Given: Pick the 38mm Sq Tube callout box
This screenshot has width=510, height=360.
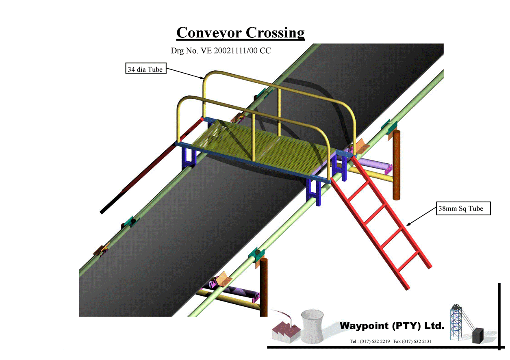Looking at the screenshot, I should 463,209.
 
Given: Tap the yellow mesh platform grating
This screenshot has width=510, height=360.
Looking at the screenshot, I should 260,146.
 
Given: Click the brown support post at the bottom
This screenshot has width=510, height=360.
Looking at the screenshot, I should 264,284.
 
